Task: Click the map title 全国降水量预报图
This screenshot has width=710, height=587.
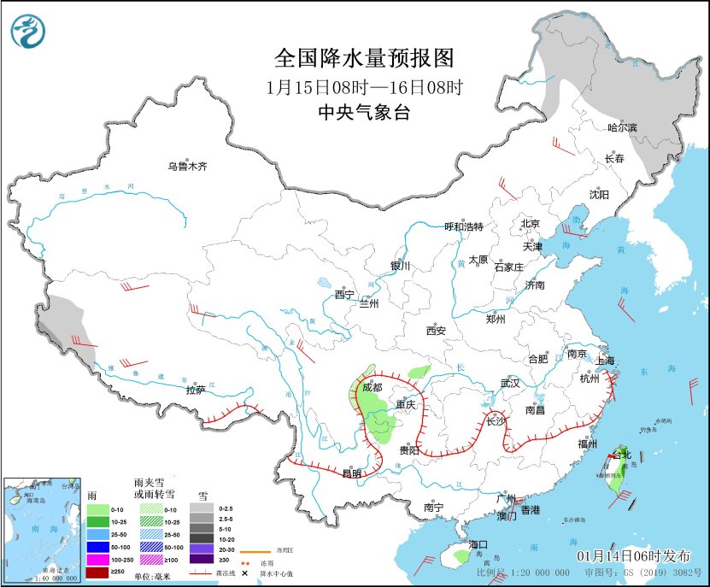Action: (x=363, y=58)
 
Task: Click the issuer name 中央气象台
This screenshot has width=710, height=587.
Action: (x=363, y=112)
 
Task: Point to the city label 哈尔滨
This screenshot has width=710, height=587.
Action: (x=621, y=127)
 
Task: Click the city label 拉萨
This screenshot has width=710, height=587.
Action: (x=195, y=390)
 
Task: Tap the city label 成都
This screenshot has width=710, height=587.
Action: (x=373, y=386)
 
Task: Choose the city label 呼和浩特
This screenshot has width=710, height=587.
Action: (x=464, y=226)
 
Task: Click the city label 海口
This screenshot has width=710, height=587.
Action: (x=478, y=544)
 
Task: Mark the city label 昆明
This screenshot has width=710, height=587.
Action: (x=351, y=473)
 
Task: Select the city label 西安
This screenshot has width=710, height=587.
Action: (x=437, y=330)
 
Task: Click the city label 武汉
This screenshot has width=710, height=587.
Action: (x=510, y=383)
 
